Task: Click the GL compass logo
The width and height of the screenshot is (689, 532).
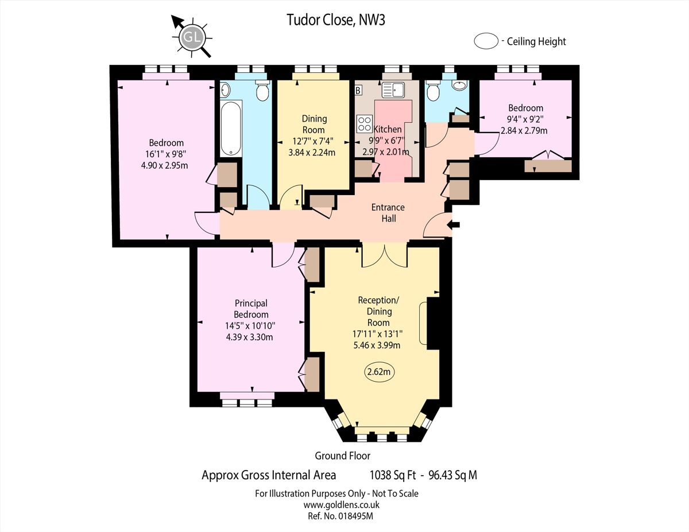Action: pyautogui.click(x=192, y=38)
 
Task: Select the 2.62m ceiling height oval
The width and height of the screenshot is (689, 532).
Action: pyautogui.click(x=379, y=372)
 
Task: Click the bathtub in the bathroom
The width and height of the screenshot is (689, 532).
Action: pyautogui.click(x=231, y=128)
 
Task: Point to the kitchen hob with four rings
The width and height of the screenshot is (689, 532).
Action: pyautogui.click(x=364, y=124)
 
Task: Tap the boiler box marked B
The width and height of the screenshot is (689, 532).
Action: pyautogui.click(x=358, y=90)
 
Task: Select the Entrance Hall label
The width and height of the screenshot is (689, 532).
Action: pyautogui.click(x=388, y=212)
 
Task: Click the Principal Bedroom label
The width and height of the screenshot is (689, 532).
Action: pyautogui.click(x=251, y=309)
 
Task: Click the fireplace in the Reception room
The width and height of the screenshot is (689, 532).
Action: pyautogui.click(x=432, y=324)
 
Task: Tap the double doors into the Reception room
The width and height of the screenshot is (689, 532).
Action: pyautogui.click(x=384, y=256)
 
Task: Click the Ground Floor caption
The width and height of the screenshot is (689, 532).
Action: pyautogui.click(x=342, y=456)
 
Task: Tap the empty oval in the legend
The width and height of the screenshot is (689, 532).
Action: pyautogui.click(x=486, y=41)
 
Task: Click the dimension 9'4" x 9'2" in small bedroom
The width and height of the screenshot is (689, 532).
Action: pyautogui.click(x=525, y=119)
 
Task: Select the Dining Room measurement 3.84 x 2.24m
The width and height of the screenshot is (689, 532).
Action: pyautogui.click(x=312, y=153)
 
